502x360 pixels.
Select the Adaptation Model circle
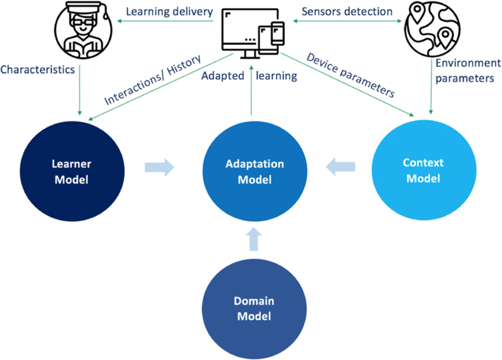pyautogui.click(x=255, y=171)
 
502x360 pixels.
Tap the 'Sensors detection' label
pyautogui.click(x=347, y=11)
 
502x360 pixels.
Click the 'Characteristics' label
pyautogui.click(x=37, y=70)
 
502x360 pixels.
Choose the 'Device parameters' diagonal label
pyautogui.click(x=350, y=75)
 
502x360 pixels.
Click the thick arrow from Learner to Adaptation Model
pyautogui.click(x=159, y=167)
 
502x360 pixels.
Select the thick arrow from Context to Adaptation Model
pyautogui.click(x=342, y=167)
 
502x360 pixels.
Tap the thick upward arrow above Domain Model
pyautogui.click(x=255, y=239)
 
